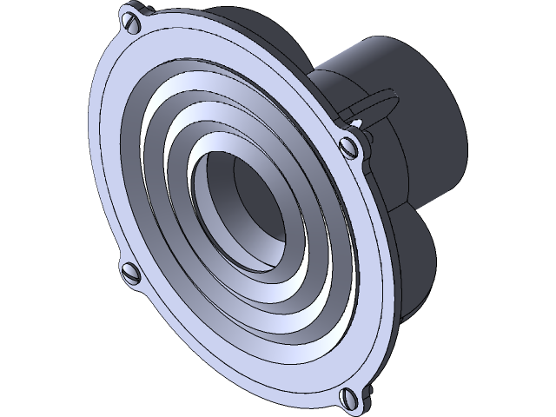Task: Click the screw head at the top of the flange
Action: coord(132,18)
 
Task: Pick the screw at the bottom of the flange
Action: coord(350,397)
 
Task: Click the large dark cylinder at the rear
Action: coord(408,104)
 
